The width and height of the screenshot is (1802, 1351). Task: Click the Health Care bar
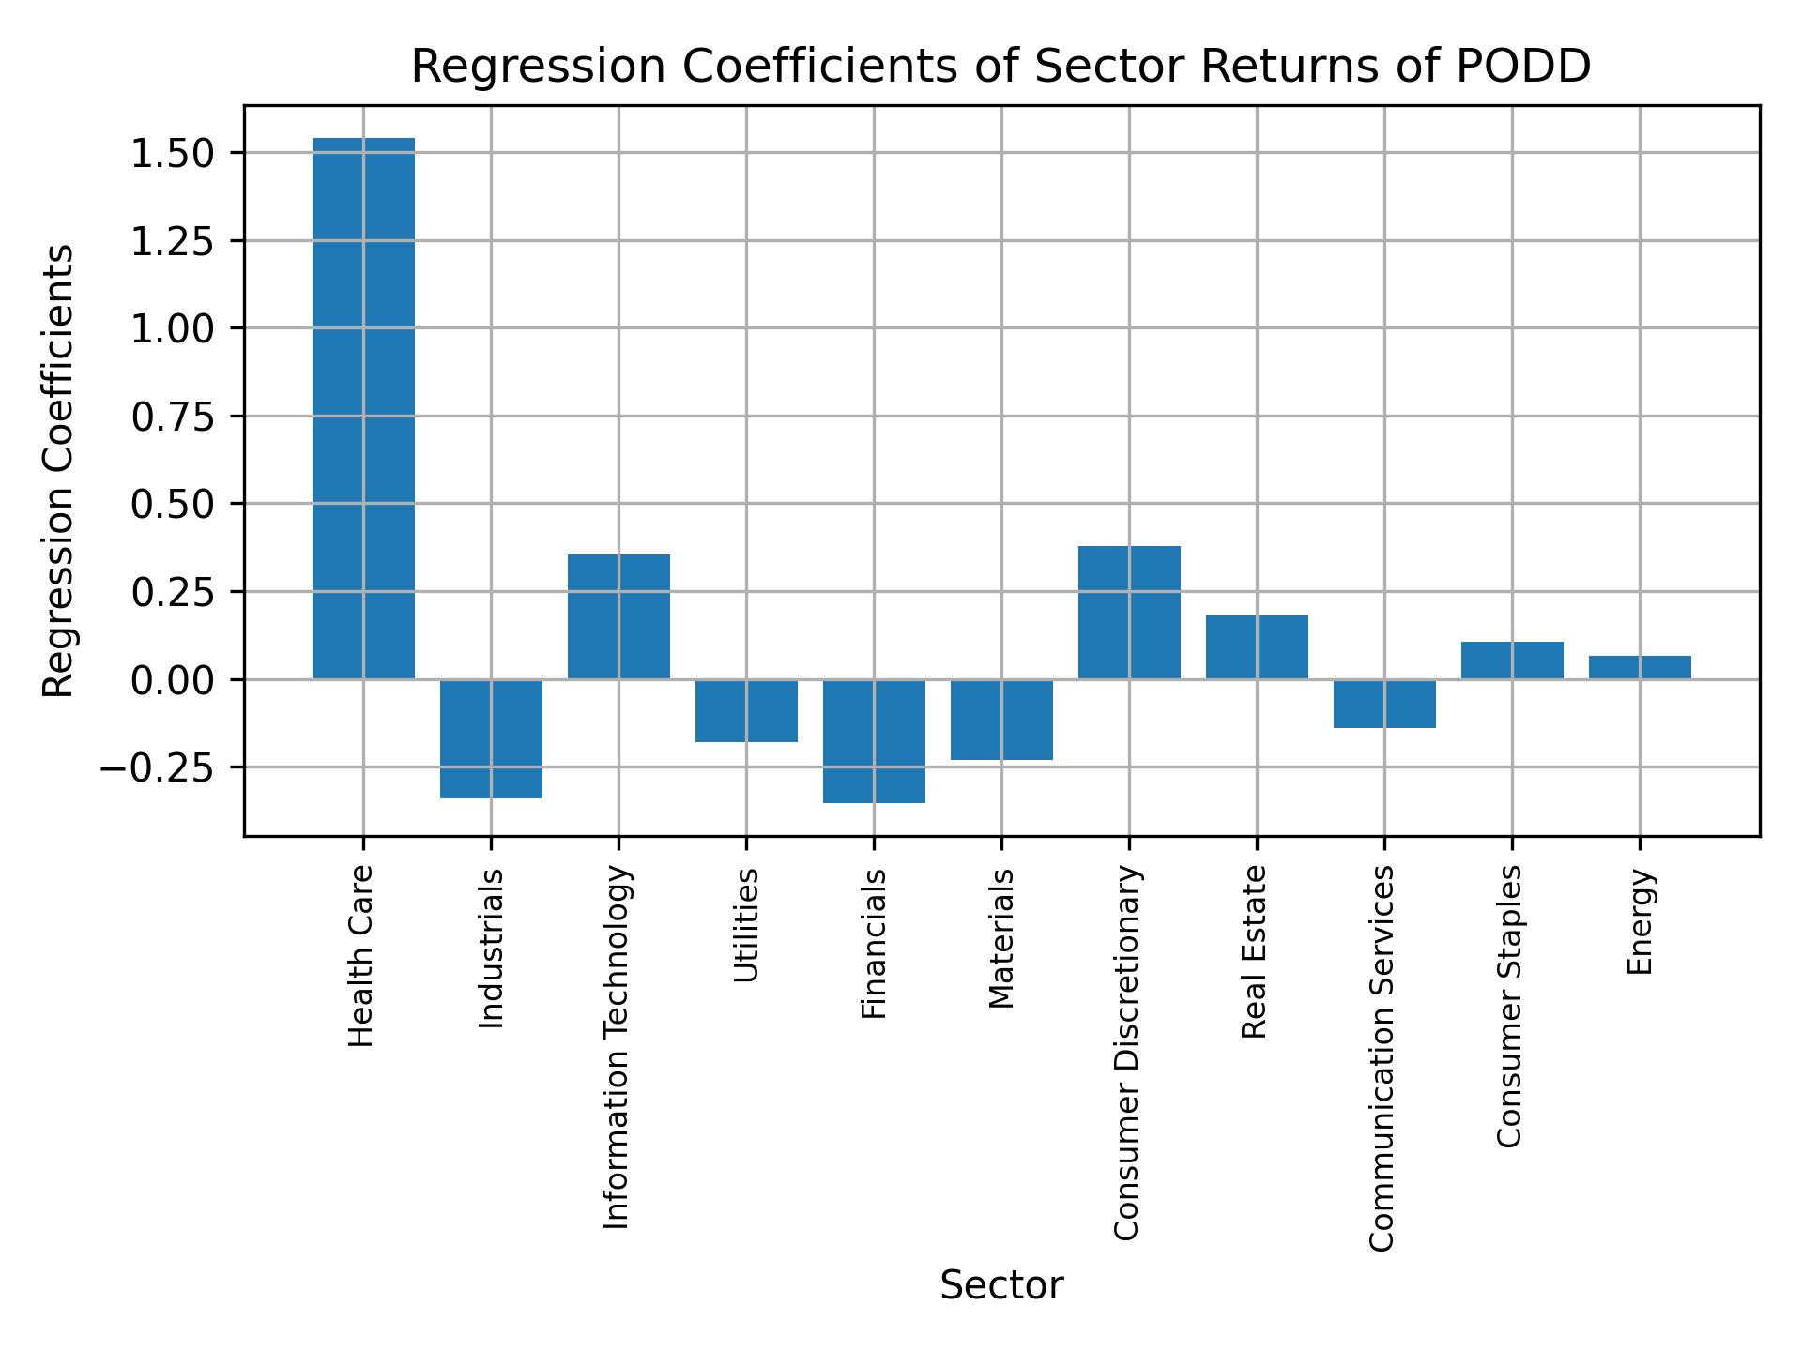363,408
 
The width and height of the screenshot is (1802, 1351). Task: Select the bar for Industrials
491,738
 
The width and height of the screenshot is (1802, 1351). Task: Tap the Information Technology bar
618,616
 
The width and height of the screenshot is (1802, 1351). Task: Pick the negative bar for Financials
874,740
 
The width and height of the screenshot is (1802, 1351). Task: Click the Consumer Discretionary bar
1129,612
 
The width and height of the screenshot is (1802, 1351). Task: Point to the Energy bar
1640,667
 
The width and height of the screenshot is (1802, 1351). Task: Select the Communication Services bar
1384,703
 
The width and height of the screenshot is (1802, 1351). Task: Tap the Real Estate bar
1257,646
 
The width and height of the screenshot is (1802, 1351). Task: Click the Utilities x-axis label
746,925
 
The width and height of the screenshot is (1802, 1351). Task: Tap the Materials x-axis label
1001,938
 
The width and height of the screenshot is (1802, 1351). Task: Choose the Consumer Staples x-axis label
1510,1006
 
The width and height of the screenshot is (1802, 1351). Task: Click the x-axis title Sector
1001,1285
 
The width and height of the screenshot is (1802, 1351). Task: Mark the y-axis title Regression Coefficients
58,471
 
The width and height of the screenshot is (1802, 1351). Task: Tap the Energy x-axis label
1640,922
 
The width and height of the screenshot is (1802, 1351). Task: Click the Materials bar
1001,719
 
